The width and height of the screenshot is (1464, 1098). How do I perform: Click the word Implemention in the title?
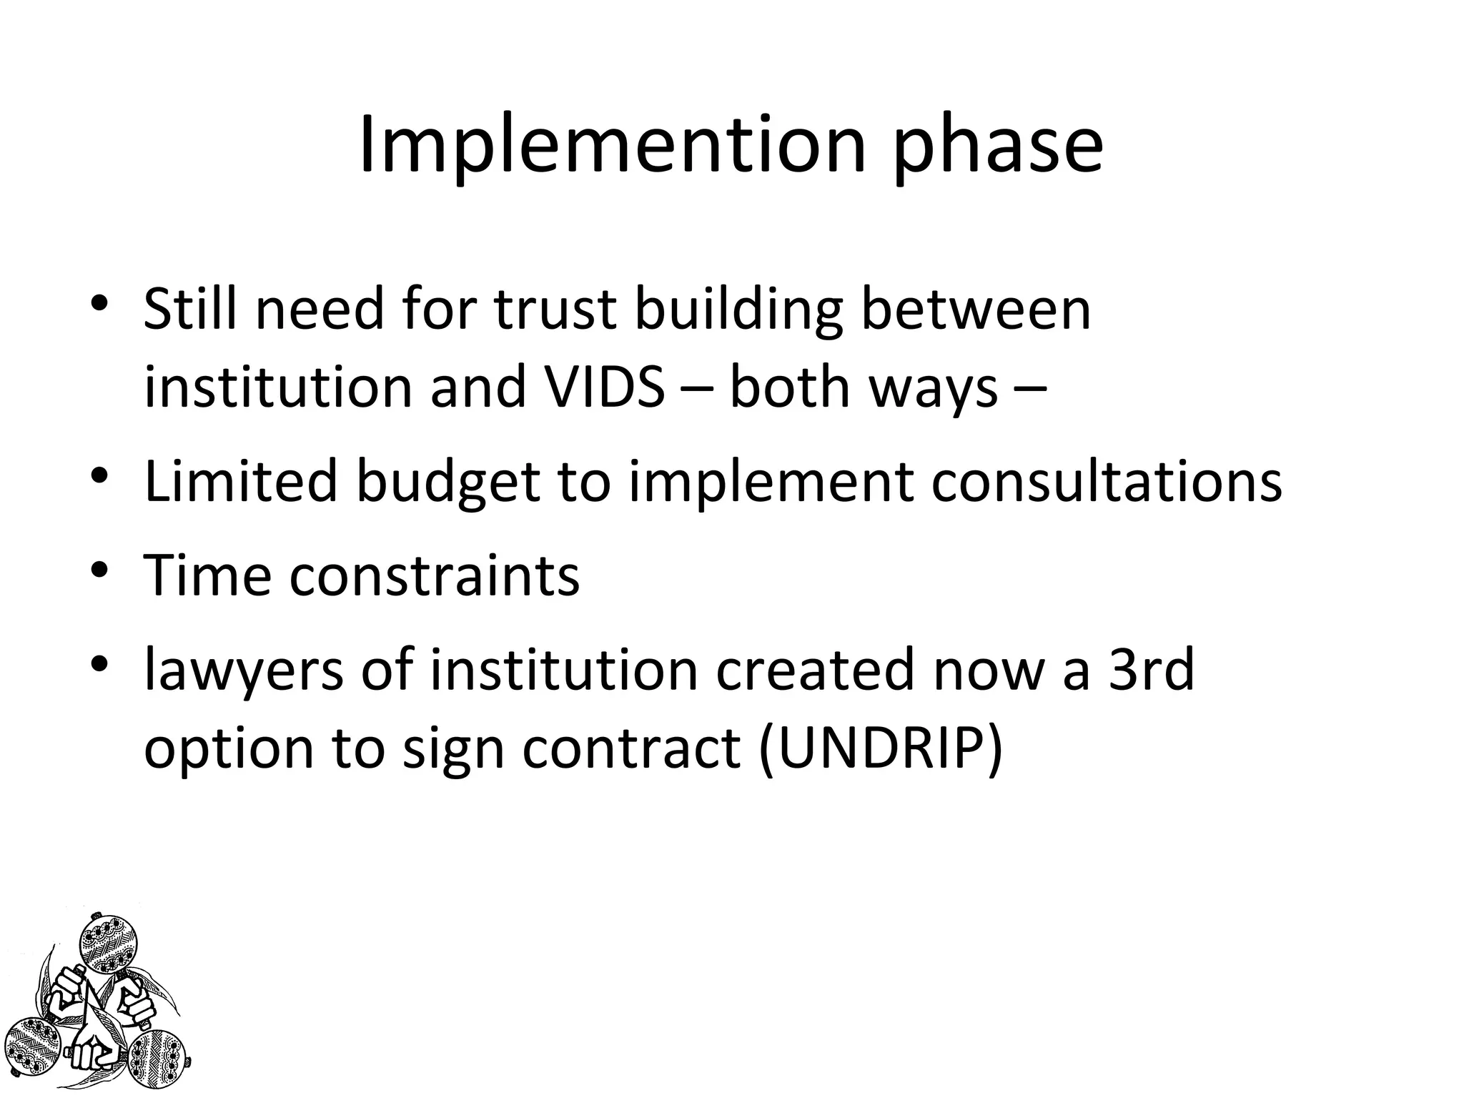click(x=612, y=147)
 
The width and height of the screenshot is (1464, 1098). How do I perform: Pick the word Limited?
click(x=240, y=482)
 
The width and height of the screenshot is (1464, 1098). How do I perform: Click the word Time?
click(x=207, y=575)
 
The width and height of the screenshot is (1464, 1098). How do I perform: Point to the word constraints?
click(x=435, y=576)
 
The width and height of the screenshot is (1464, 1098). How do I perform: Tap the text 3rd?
click(x=1151, y=669)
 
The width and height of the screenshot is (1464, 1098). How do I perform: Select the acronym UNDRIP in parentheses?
click(x=881, y=749)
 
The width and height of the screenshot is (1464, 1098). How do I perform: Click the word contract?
click(x=632, y=749)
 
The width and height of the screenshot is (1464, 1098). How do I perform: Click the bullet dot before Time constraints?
click(x=99, y=570)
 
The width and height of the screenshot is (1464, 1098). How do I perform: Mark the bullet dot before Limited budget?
click(x=99, y=476)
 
